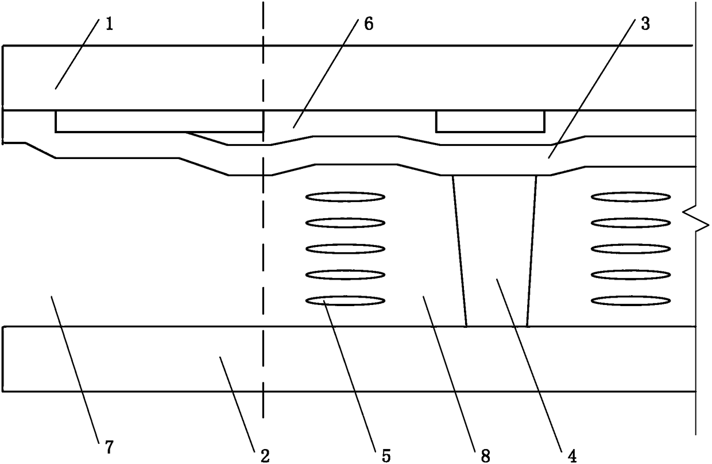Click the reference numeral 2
pos(265,456)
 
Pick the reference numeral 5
pos(385,456)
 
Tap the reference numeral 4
pos(572,456)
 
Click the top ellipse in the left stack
pos(345,197)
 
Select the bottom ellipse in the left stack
pos(345,300)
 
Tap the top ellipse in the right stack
pos(631,197)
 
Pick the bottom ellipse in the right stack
pos(631,300)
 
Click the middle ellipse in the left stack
pos(345,249)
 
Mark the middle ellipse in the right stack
pos(631,249)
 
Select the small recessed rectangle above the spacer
pos(490,121)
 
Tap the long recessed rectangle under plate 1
pos(159,121)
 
